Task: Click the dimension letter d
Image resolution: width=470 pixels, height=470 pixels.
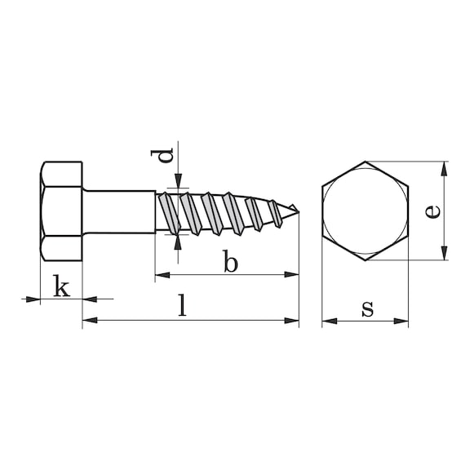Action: tap(166, 154)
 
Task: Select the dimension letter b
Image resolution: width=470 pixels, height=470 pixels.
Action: tap(231, 264)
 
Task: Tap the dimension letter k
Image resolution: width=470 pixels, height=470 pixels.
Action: tap(60, 286)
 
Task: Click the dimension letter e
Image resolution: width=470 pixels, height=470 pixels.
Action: tap(433, 211)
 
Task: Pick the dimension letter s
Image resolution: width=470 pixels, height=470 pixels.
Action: tap(367, 308)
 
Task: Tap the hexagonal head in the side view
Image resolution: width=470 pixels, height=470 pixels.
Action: tap(61, 212)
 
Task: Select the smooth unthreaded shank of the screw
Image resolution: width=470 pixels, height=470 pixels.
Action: tap(118, 212)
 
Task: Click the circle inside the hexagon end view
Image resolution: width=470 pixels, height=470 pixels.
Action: tap(365, 211)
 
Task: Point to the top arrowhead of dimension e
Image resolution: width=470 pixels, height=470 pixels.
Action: tap(444, 167)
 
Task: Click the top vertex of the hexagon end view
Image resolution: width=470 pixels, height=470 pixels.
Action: tap(365, 162)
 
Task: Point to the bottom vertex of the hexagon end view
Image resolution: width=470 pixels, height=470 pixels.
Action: tap(365, 260)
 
